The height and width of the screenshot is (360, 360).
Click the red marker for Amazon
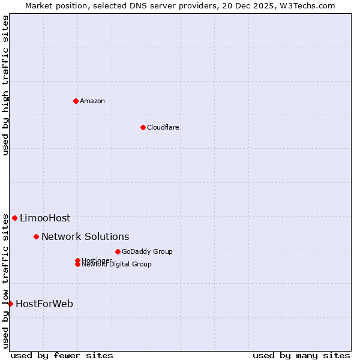76,101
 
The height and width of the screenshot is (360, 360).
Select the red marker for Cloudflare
143,127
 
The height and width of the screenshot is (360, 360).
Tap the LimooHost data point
14,218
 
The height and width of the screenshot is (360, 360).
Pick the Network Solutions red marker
36,236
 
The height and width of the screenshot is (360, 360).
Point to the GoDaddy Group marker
118,251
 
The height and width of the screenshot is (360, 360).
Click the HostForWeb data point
10,304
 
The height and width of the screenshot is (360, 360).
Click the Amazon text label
92,101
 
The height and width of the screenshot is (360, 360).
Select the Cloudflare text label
163,127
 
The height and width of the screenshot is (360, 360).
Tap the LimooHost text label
45,218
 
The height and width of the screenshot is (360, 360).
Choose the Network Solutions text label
85,237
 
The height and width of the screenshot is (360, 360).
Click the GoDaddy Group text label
147,251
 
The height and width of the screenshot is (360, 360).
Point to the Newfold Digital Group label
116,265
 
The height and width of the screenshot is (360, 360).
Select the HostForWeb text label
44,304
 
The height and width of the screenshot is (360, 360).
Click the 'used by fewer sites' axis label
62,355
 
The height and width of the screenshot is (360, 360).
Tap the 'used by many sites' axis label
301,355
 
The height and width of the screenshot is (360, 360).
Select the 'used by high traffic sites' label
5,85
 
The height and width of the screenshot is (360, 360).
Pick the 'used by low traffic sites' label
5,280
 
